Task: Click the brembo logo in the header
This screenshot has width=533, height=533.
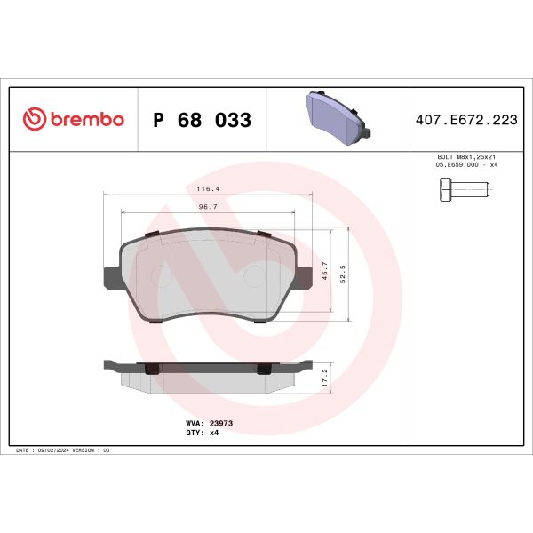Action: click(73, 120)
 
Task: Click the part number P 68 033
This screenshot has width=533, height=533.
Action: click(203, 120)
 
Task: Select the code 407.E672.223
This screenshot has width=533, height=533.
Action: click(466, 120)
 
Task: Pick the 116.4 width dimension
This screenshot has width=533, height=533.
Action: click(210, 188)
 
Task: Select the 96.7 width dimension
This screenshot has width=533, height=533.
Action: click(208, 207)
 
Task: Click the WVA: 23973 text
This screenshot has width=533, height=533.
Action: click(209, 424)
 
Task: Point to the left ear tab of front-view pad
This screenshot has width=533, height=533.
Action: click(110, 277)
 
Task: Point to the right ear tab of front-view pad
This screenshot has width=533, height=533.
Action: click(306, 277)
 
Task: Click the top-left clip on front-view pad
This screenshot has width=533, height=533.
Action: click(151, 234)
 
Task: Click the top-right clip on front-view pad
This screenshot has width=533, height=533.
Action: click(263, 234)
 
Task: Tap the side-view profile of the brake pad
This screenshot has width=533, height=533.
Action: click(208, 373)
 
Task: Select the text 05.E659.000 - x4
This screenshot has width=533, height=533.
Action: click(466, 165)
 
